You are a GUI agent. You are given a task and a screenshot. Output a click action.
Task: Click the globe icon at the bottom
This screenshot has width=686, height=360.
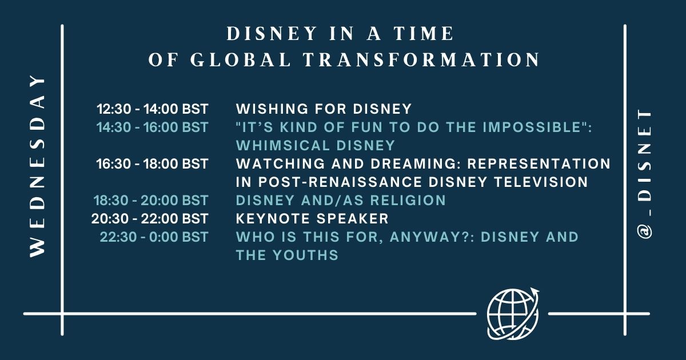pos(513,314)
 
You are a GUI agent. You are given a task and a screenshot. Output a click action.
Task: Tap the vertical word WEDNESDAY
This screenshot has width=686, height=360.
pos(37,166)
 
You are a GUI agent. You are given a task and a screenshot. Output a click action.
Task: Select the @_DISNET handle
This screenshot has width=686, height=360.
pos(644,173)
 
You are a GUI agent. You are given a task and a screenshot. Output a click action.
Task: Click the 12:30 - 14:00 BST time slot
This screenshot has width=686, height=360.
pos(153,109)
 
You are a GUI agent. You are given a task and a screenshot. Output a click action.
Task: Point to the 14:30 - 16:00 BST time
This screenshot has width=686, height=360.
pos(153,127)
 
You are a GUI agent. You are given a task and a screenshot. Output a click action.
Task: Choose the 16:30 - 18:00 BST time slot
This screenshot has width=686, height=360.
pos(153,164)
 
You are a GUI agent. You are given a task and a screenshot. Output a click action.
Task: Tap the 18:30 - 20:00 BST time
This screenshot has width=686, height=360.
pos(151,201)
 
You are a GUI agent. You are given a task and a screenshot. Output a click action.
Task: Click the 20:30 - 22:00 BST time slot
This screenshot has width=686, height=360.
pos(150,218)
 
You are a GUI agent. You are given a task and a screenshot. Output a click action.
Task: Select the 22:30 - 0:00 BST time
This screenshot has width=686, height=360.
pos(154,237)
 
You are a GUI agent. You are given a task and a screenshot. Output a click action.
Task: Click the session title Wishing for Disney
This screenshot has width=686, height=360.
pos(324,109)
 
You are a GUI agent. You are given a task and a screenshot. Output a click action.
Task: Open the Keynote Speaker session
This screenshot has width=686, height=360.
pos(312,218)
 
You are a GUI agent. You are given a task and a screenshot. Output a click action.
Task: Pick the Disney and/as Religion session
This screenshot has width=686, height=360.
pos(341,201)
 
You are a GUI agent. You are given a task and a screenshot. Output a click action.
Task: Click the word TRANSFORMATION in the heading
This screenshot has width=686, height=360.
pos(421,59)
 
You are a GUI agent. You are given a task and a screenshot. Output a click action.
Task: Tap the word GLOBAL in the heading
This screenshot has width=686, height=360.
pos(241,59)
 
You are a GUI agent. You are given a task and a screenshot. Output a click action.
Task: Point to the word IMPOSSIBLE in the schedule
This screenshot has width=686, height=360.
pos(532,127)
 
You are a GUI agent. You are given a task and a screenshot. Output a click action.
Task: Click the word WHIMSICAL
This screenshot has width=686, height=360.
pos(282,145)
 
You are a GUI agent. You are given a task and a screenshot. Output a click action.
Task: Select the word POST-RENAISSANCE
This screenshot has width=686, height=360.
pos(340,182)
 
